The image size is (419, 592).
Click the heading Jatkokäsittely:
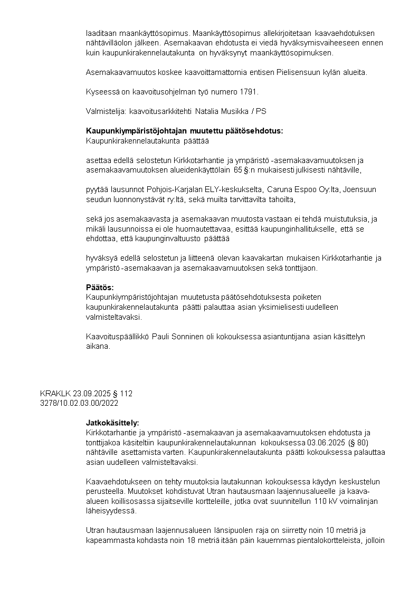(112, 423)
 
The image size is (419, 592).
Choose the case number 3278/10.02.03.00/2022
(79, 403)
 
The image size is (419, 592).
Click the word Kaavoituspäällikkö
(117, 337)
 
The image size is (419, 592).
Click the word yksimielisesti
(264, 307)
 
